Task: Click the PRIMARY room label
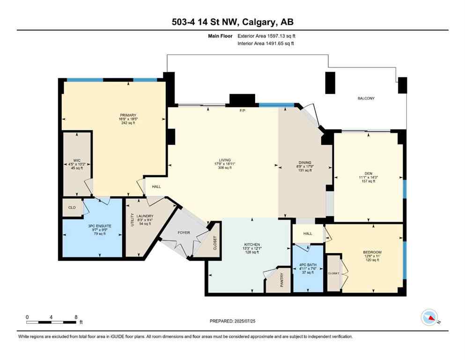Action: (x=128, y=115)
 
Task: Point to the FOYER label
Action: (x=183, y=232)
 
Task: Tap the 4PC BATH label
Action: (x=308, y=265)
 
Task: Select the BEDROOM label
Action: (x=372, y=252)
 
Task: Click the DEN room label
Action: (x=367, y=172)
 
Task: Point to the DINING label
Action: (x=305, y=163)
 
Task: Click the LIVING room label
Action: (x=224, y=160)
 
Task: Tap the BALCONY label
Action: (x=366, y=98)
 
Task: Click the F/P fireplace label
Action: (x=243, y=111)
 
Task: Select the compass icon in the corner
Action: (x=429, y=318)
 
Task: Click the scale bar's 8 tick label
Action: (x=76, y=317)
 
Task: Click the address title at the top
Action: (x=232, y=22)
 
